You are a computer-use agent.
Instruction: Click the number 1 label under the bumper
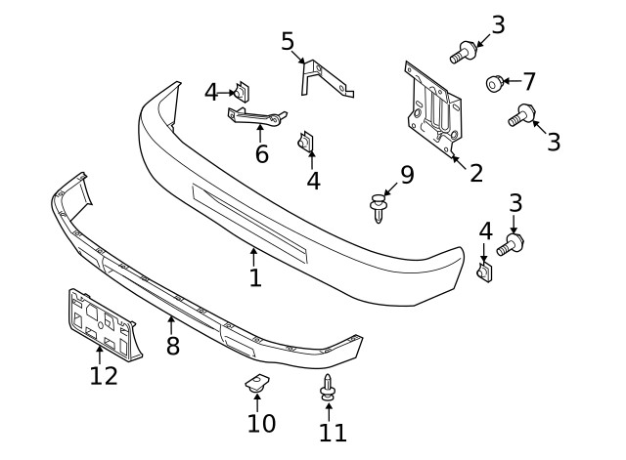pyautogui.click(x=254, y=277)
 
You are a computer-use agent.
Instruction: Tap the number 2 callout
pyautogui.click(x=475, y=173)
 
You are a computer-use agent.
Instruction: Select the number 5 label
pyautogui.click(x=288, y=41)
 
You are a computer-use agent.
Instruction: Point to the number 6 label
pyautogui.click(x=261, y=153)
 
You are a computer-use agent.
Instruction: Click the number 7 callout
pyautogui.click(x=529, y=81)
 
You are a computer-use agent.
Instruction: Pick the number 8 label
pyautogui.click(x=173, y=346)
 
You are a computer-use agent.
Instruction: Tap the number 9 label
pyautogui.click(x=407, y=175)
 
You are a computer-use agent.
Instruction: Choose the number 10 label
pyautogui.click(x=261, y=423)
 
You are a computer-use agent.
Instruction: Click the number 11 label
pyautogui.click(x=333, y=432)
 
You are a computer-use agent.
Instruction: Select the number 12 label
pyautogui.click(x=104, y=375)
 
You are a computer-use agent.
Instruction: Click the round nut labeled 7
pyautogui.click(x=495, y=84)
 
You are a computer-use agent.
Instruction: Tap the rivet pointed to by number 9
pyautogui.click(x=378, y=206)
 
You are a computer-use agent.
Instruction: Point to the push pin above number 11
pyautogui.click(x=328, y=388)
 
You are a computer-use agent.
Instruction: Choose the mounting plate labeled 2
pyautogui.click(x=432, y=107)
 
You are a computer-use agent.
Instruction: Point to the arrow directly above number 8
pyautogui.click(x=171, y=323)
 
